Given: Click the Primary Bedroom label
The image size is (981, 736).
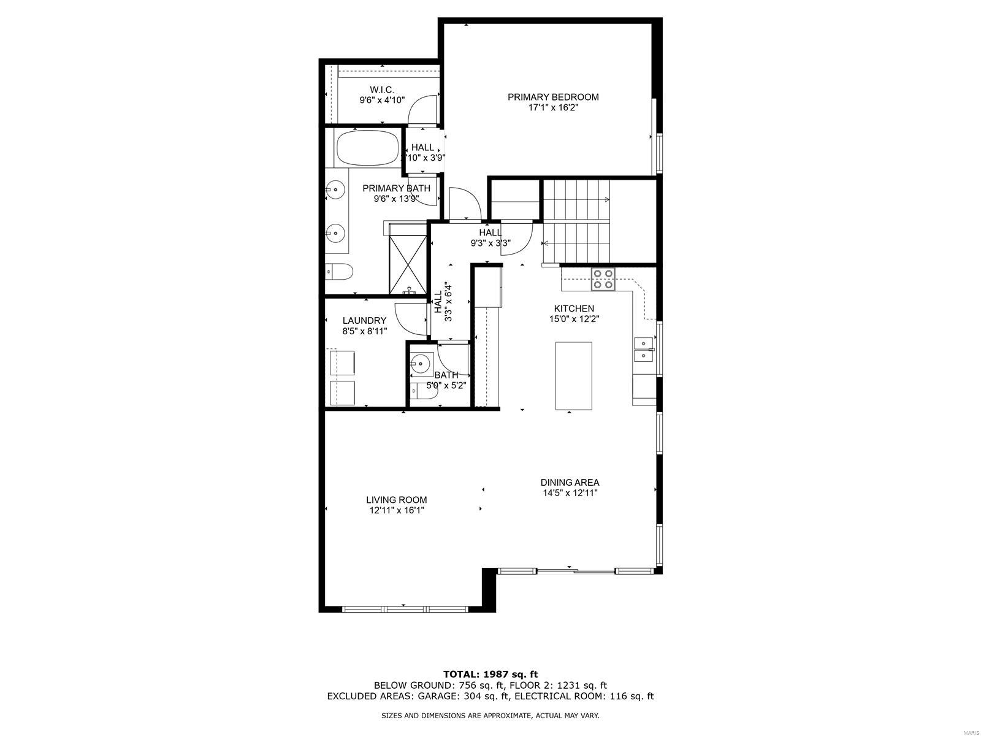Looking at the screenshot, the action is [x=553, y=97].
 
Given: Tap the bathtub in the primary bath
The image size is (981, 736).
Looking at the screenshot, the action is [x=367, y=148].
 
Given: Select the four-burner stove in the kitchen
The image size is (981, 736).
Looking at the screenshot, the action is [x=603, y=279].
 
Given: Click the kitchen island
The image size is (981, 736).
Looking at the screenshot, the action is [x=573, y=375].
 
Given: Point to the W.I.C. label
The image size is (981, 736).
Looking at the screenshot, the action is [x=382, y=90].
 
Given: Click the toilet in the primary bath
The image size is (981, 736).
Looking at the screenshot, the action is [x=339, y=271].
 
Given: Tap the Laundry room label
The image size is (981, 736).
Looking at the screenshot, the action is [x=364, y=320].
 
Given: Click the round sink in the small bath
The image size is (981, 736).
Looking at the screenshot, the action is [x=420, y=363].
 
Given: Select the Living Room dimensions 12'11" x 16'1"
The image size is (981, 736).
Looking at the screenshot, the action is [x=397, y=510].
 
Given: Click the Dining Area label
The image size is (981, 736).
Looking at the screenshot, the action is [x=570, y=482].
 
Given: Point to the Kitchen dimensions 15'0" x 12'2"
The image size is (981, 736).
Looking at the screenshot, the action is [x=574, y=319].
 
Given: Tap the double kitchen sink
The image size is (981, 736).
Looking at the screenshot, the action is [x=644, y=349].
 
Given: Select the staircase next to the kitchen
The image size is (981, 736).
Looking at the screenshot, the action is [x=576, y=221].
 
